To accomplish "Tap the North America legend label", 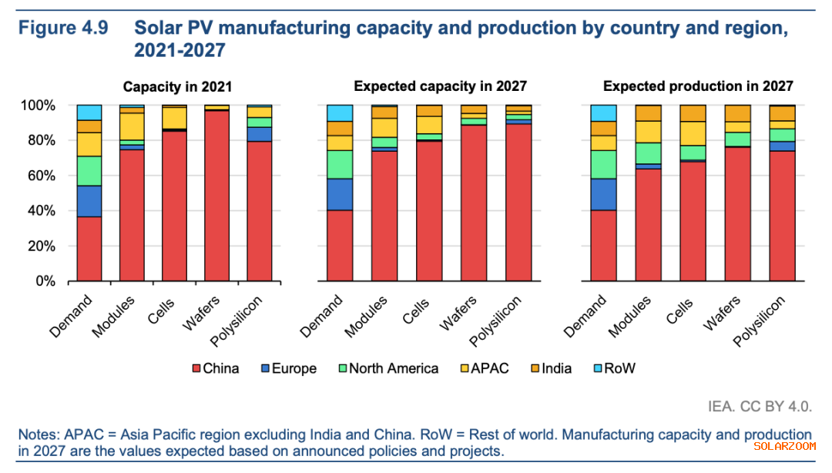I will pos(394,368).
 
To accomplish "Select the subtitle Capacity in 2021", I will pos(178,86).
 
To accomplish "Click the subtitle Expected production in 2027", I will pos(698,86).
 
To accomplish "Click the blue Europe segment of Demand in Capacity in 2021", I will pos(89,202).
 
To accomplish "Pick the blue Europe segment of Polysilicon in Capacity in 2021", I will pos(260,134).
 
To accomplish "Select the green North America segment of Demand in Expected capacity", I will pos(340,164).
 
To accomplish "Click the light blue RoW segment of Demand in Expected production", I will pos(603,112).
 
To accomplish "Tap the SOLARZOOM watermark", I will pos(783,445).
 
